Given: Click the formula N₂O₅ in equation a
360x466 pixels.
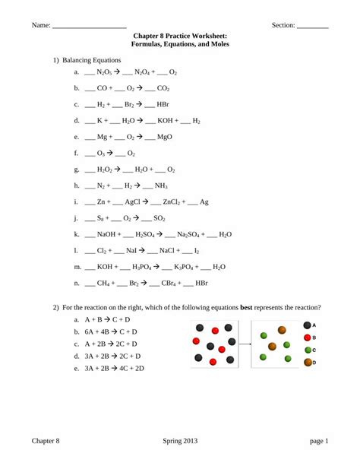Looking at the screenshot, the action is tap(104, 72).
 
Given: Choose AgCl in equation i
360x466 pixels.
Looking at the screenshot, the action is tap(143, 201).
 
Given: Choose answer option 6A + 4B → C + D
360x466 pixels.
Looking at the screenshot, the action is tap(111, 332).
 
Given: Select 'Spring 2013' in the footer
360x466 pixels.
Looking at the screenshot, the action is tap(180, 441).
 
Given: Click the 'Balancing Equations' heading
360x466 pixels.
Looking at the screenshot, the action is tap(97, 59).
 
